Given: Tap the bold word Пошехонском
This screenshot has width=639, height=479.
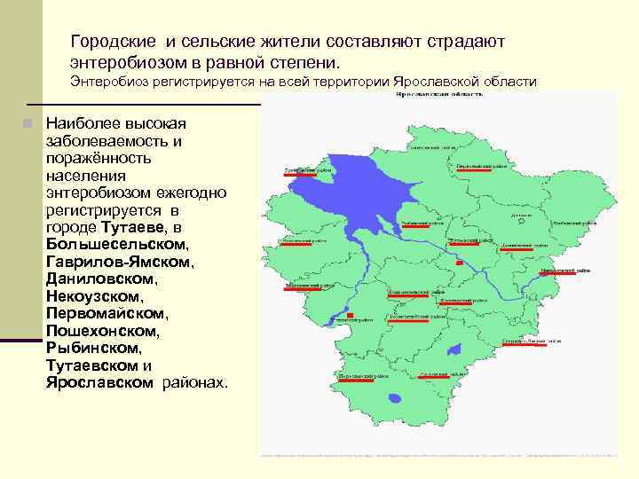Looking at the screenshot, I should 101,331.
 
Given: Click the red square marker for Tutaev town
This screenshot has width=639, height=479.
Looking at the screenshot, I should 458,263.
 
